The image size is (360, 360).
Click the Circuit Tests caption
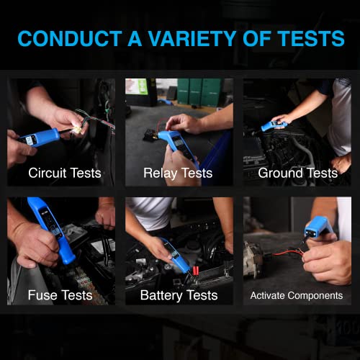point(64,174)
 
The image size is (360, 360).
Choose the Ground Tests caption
point(297,174)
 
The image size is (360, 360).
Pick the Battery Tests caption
point(179,295)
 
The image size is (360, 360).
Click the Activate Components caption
point(297,295)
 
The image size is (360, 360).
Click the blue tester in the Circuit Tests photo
point(40,135)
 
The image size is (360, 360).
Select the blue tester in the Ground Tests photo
point(274,125)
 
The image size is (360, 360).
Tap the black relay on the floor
point(153,135)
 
